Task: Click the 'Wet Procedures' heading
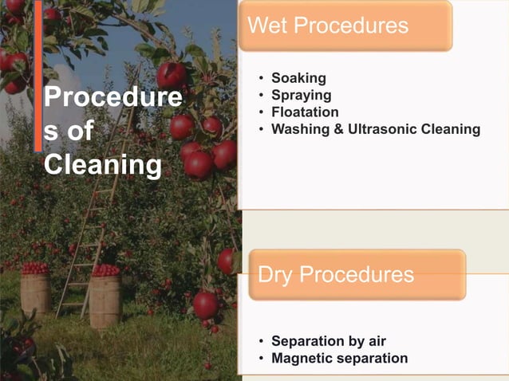[328, 26]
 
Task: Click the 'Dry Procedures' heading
[336, 276]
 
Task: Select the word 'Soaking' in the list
[298, 78]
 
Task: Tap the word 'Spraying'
[301, 96]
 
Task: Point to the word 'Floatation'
[305, 112]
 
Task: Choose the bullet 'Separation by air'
[329, 341]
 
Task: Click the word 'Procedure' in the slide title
[112, 100]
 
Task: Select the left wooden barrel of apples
[35, 294]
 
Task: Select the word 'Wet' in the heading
[266, 26]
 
